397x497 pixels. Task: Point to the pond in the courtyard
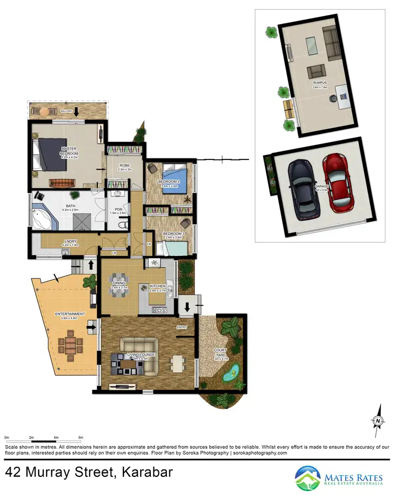pyautogui.click(x=231, y=376)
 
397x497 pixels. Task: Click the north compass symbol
pyautogui.click(x=378, y=420)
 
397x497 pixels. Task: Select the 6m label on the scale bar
pyautogui.click(x=80, y=437)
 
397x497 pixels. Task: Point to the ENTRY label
pyautogui.click(x=182, y=327)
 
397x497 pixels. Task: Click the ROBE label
pyautogui.click(x=125, y=166)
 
